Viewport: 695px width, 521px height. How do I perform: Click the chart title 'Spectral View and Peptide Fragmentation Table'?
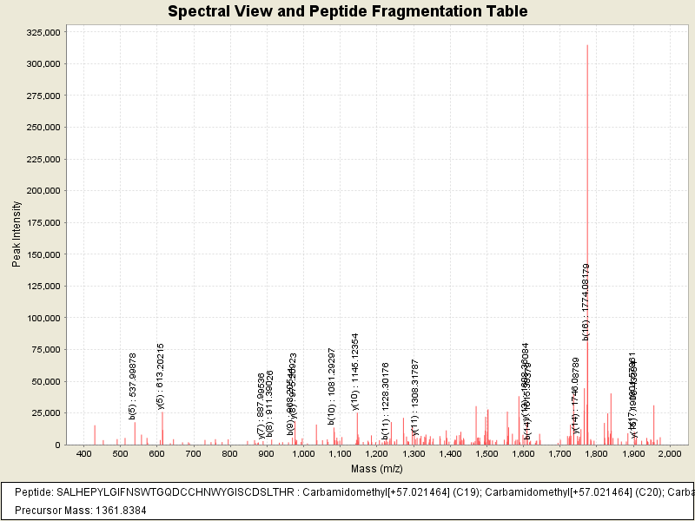pos(347,11)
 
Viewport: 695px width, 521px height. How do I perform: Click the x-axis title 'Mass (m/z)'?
pos(377,469)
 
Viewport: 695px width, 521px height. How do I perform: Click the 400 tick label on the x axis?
pos(83,454)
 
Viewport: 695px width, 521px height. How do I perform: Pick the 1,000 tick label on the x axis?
pos(302,454)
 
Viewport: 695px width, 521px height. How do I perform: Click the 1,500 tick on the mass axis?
pos(486,454)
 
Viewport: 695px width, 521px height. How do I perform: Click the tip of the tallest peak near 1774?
pos(587,46)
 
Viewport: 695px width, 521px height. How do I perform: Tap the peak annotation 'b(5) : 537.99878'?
pos(133,386)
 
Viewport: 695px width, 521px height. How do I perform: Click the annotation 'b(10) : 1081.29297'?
pos(332,386)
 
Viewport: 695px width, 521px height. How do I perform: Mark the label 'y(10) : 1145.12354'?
pos(354,371)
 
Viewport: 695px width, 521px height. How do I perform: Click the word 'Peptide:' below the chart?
pos(34,491)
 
